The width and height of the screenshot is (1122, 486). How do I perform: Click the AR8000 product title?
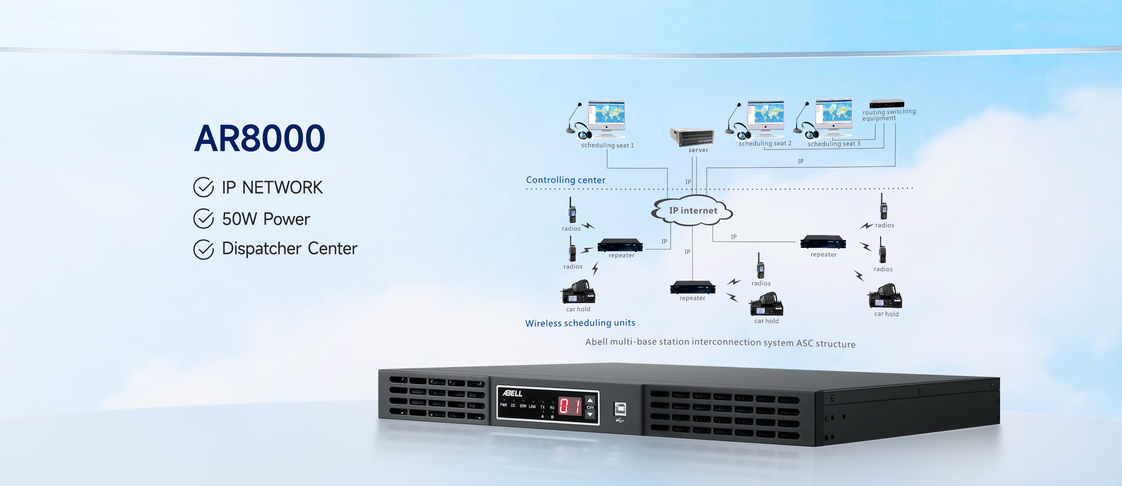260,138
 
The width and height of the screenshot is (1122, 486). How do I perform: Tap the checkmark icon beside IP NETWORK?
203,187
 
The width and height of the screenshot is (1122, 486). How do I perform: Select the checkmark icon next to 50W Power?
203,219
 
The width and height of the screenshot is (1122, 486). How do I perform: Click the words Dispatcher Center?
289,249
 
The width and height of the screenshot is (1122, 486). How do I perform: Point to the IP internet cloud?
693,211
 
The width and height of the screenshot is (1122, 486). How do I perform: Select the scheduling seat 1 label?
607,145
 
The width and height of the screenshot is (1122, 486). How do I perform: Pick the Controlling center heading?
565,180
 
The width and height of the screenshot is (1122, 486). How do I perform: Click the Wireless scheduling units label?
580,323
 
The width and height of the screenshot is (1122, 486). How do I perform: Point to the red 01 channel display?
570,407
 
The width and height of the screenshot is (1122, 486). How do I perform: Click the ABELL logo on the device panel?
512,394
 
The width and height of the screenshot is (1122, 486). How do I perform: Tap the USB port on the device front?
620,409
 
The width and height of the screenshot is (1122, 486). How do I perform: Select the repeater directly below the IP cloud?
693,287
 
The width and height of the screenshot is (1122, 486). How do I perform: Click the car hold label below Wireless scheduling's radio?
578,309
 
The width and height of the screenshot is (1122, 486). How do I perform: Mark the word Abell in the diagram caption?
596,342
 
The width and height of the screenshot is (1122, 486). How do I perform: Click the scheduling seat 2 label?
765,144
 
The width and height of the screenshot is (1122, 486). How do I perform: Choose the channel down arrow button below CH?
590,415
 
